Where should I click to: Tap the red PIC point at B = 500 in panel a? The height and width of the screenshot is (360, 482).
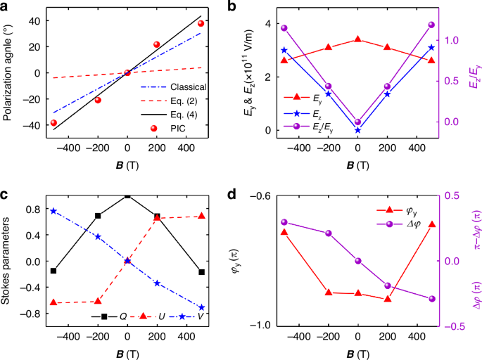click(201, 23)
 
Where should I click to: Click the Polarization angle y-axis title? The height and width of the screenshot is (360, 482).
click(8, 70)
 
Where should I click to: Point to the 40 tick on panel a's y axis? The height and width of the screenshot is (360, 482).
click(33, 20)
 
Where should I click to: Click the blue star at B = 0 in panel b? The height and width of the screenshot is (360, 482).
click(358, 130)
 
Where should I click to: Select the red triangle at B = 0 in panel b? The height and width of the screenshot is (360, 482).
click(358, 39)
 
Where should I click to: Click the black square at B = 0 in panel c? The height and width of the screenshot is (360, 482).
click(127, 196)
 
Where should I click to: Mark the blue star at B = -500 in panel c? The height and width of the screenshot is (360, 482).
click(53, 211)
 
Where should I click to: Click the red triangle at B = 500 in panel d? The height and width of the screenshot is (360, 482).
click(432, 224)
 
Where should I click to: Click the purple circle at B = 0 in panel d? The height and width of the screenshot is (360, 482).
click(358, 261)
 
